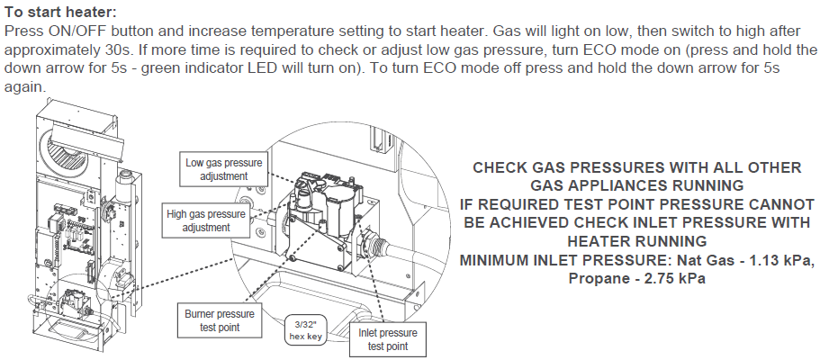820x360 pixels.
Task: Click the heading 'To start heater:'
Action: (60, 13)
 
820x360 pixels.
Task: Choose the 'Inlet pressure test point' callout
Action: (389, 339)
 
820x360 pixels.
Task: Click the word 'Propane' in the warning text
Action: (599, 279)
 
